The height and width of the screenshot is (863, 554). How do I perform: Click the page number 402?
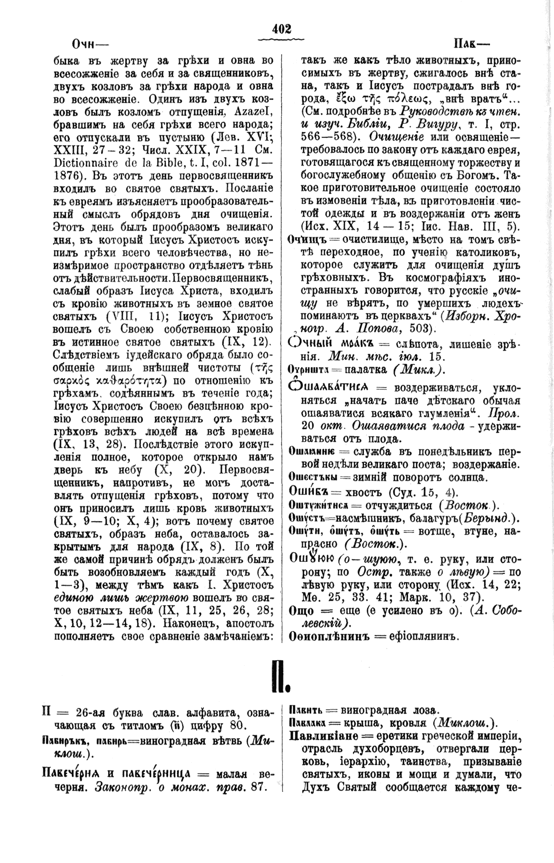281,30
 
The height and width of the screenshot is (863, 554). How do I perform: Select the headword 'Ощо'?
301,610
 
